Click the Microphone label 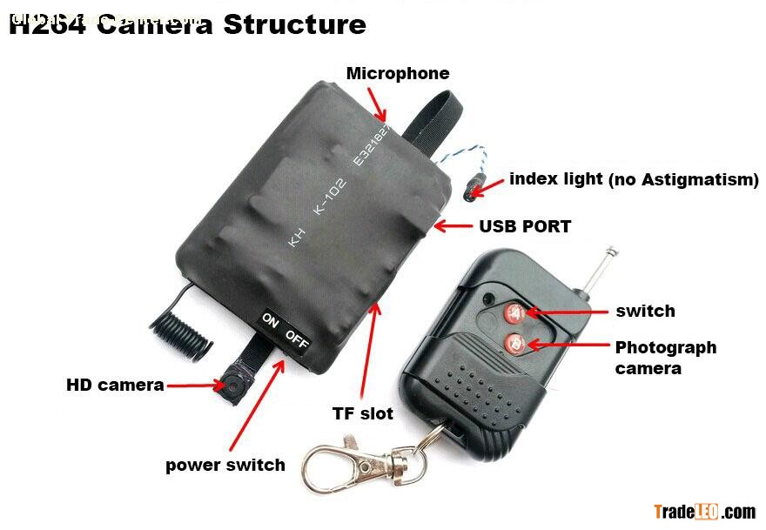[398, 74]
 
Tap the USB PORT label [525, 226]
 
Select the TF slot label [364, 413]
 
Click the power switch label [225, 465]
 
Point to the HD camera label [115, 385]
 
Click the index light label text [634, 179]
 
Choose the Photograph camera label [665, 357]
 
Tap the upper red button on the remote [513, 311]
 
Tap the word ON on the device [271, 322]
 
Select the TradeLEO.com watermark [704, 511]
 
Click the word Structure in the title [294, 23]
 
